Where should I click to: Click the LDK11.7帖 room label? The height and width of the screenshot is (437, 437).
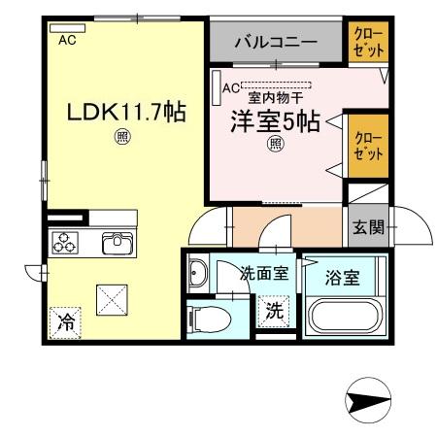(x=125, y=112)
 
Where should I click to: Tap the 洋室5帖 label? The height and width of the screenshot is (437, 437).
(x=274, y=122)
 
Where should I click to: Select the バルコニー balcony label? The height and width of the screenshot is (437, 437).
(x=277, y=44)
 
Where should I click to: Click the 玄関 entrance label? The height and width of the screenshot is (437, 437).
(x=368, y=228)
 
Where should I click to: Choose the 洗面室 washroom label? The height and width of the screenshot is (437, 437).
(x=263, y=274)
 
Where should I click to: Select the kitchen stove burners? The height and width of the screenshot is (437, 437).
(x=66, y=243)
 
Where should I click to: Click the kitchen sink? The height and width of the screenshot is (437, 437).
(x=118, y=242)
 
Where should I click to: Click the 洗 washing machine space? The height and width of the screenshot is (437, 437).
(x=274, y=313)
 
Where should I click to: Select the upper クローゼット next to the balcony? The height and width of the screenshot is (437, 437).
(x=368, y=44)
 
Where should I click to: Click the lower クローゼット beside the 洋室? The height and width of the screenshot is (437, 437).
(x=368, y=145)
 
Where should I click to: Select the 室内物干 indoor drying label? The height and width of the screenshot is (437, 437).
(x=276, y=98)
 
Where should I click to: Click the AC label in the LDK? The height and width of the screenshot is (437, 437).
(x=67, y=40)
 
